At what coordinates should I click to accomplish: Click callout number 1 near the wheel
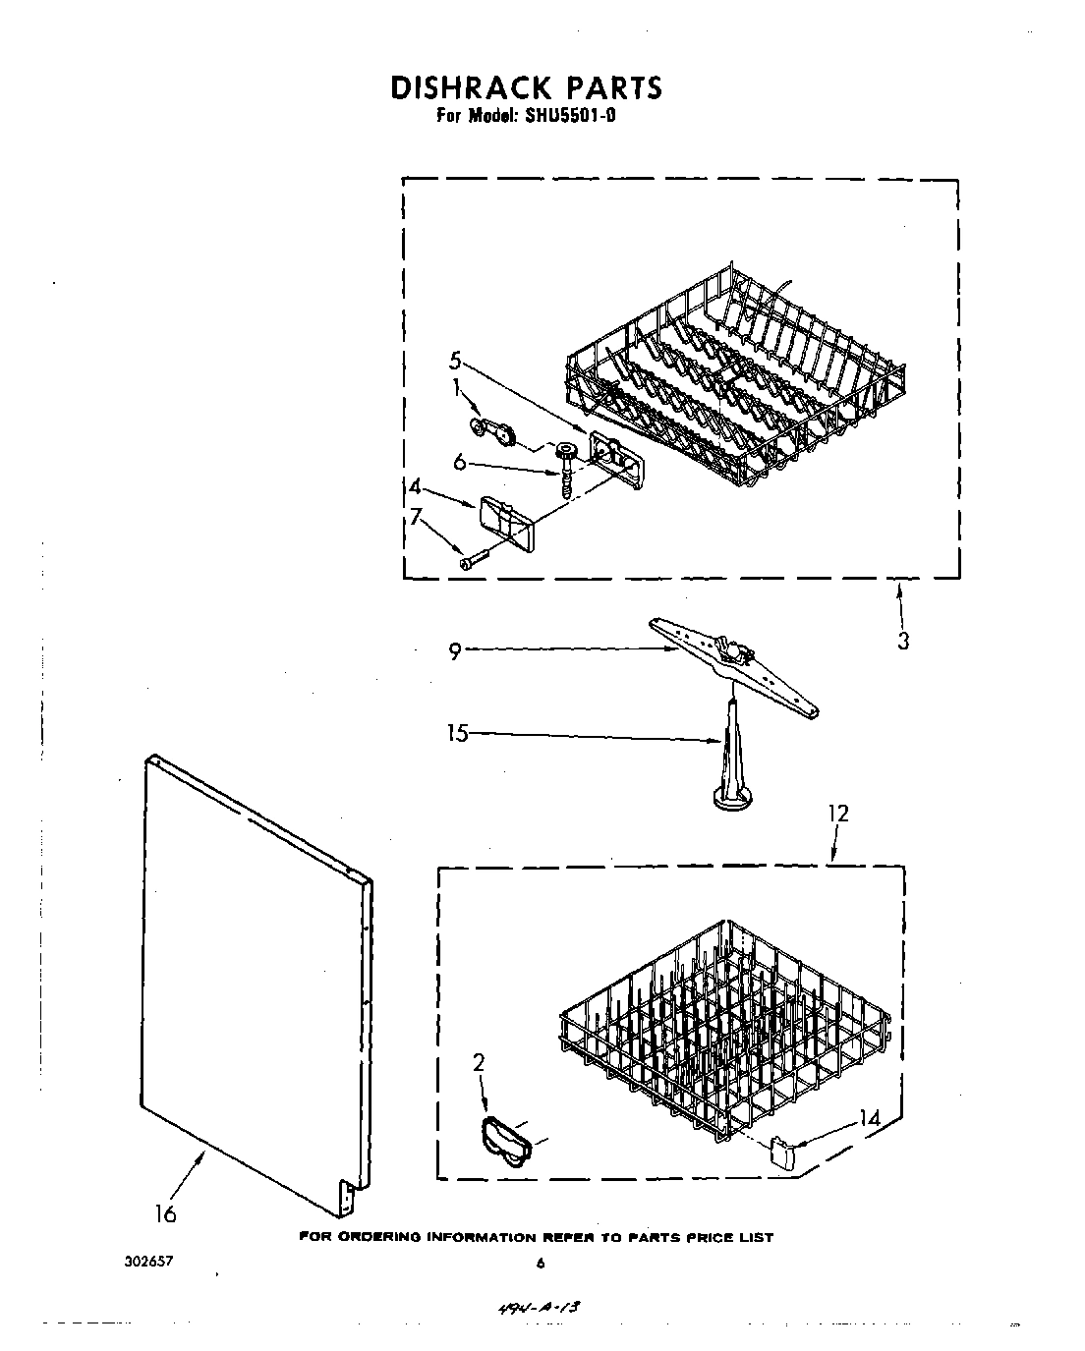(455, 388)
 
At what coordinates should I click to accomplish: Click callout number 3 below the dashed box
(902, 641)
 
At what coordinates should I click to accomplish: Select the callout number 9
(455, 651)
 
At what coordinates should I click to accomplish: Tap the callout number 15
(458, 732)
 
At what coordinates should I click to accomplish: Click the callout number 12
(837, 814)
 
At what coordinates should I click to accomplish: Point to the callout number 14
(868, 1117)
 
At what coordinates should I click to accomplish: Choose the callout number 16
(165, 1214)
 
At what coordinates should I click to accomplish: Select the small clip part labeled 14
(781, 1151)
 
